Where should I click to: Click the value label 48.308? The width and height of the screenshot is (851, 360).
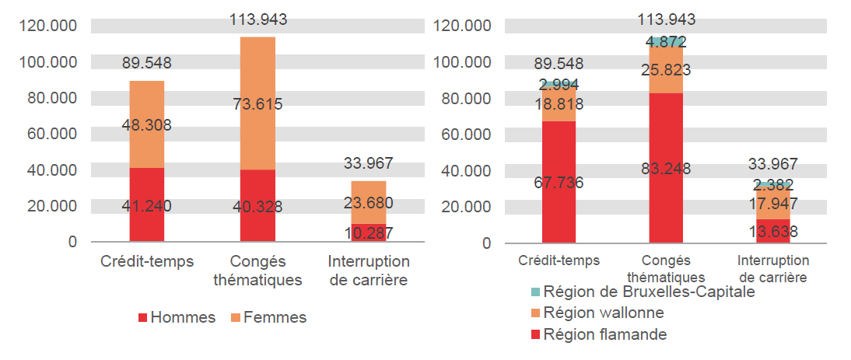tap(146, 125)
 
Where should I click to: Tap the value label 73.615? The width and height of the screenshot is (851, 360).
tap(257, 104)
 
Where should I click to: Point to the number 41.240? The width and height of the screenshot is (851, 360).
tap(146, 207)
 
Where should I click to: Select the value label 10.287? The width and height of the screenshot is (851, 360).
tap(368, 233)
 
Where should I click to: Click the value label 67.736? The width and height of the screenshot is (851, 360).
tap(559, 183)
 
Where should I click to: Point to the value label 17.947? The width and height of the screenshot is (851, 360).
tap(772, 204)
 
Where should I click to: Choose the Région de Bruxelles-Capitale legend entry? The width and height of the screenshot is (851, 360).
tap(642, 292)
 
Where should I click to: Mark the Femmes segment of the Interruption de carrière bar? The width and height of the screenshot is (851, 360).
tap(368, 194)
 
